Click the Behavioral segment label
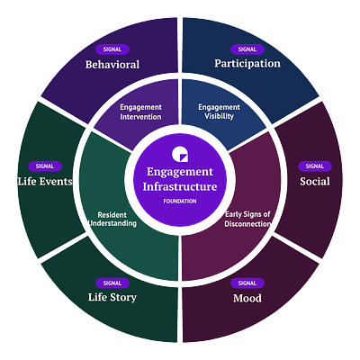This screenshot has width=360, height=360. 112,65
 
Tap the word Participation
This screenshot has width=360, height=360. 247,64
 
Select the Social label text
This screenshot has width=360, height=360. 315,181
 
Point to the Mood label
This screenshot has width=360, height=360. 247,298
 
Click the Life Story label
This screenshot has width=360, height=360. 112,297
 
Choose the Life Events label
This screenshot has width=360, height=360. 45,181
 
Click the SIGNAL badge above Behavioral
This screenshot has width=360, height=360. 112,49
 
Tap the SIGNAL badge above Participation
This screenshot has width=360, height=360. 247,49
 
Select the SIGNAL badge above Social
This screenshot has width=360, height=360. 315,166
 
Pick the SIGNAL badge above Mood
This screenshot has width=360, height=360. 247,283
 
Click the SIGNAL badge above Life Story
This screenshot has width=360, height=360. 112,283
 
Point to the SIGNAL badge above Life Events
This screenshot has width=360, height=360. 45,166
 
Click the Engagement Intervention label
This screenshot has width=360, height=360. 140,112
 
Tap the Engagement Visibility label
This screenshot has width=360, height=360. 219,112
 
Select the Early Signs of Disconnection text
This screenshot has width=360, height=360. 247,219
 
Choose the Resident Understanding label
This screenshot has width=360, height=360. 112,219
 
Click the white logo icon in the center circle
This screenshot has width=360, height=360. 180,155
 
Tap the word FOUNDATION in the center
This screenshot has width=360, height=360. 180,202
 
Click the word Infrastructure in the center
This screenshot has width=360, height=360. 180,186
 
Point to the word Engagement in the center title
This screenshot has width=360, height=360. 180,172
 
